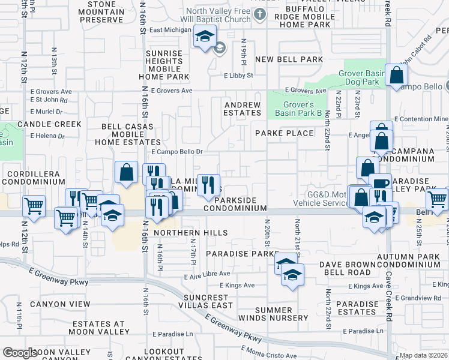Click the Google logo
(x=20, y=353)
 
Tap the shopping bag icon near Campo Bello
(x=397, y=76)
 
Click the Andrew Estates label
(x=243, y=109)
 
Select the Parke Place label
(x=284, y=133)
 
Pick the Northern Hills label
(x=190, y=233)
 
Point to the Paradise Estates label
(x=357, y=308)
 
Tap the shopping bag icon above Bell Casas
(x=127, y=173)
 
